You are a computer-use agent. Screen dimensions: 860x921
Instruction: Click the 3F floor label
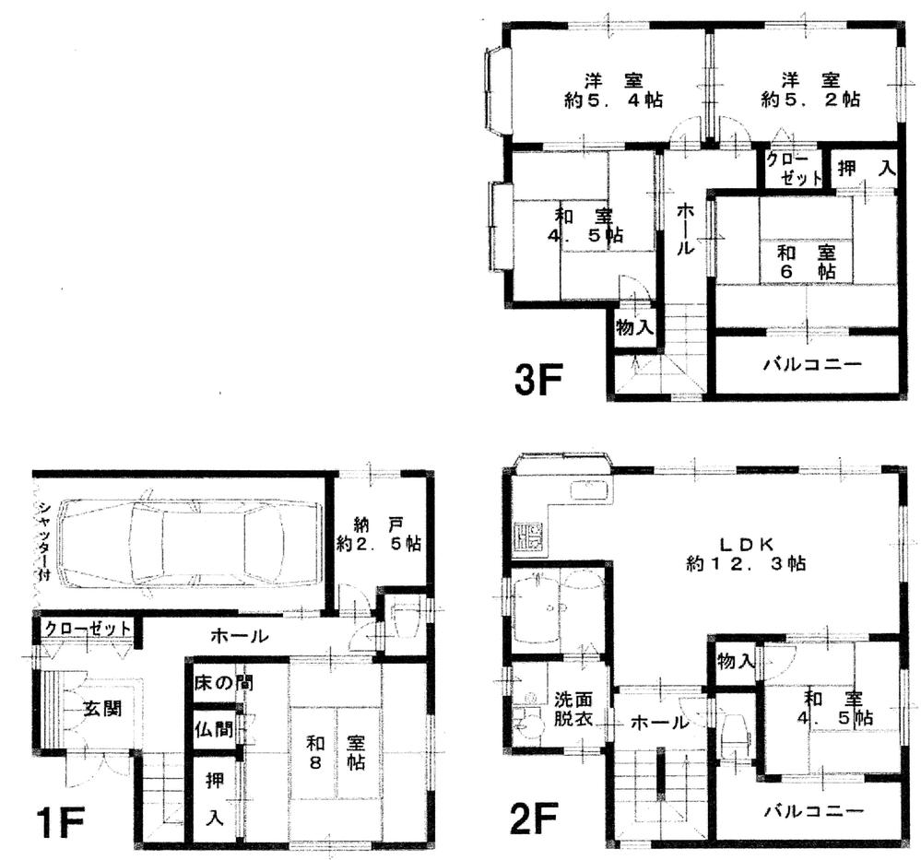[539, 379]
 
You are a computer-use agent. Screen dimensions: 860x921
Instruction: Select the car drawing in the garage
[188, 542]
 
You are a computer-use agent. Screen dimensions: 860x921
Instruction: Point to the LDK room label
[747, 551]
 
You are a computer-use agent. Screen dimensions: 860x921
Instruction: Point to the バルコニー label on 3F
[812, 364]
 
